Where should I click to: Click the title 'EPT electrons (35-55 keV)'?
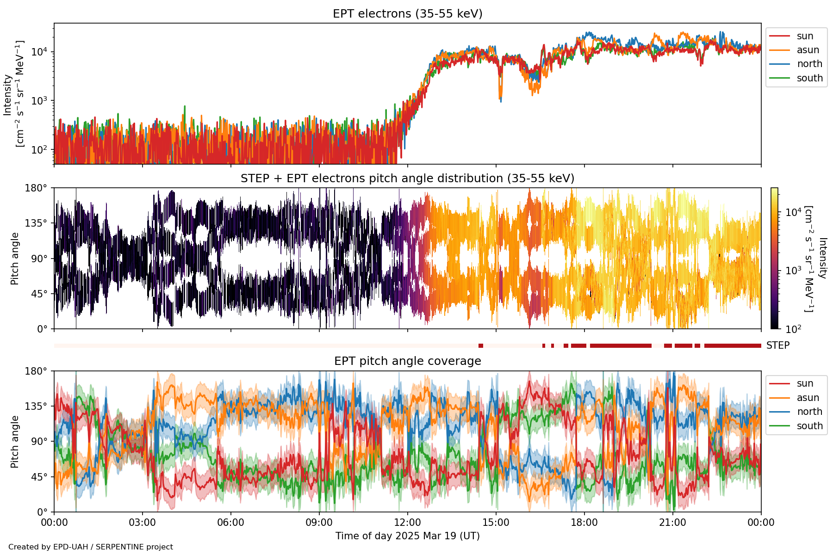tap(407, 14)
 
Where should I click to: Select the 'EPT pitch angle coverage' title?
tap(407, 361)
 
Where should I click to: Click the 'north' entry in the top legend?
tap(809, 64)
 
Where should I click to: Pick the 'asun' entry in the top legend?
tap(808, 50)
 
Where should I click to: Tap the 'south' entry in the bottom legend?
tap(809, 426)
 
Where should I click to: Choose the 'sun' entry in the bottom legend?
tap(805, 383)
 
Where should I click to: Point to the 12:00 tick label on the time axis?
tap(407, 523)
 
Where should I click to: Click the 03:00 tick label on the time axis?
tap(142, 523)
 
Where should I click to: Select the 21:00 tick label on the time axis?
tap(672, 523)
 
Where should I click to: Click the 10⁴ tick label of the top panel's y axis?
tap(39, 51)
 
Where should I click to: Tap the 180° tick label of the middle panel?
tap(36, 188)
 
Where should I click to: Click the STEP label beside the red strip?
tap(777, 345)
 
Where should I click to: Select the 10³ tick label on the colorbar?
tap(794, 271)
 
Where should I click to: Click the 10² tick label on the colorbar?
tap(794, 329)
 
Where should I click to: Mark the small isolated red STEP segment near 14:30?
tap(481, 345)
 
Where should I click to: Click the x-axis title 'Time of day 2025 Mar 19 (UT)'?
tap(407, 536)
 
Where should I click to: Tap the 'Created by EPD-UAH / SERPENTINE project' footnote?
tap(91, 547)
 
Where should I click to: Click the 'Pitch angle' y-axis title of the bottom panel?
tap(15, 442)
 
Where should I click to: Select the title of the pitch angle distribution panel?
tap(407, 179)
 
